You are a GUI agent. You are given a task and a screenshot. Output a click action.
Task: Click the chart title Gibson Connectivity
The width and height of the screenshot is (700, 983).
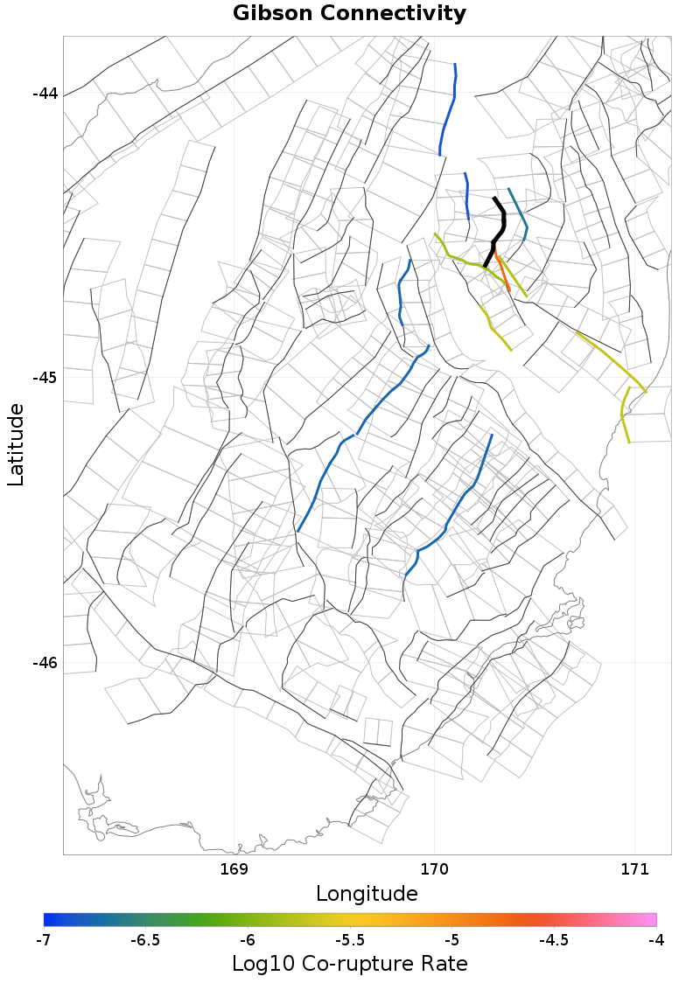(x=349, y=14)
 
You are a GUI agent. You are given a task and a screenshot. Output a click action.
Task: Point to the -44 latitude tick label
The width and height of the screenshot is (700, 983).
(x=45, y=94)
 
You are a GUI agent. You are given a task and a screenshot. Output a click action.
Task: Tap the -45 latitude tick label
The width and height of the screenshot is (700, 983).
(x=45, y=378)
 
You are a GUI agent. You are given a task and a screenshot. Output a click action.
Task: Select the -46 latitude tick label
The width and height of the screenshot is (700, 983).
(x=45, y=662)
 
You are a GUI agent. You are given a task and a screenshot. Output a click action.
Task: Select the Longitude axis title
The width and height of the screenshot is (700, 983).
(x=367, y=894)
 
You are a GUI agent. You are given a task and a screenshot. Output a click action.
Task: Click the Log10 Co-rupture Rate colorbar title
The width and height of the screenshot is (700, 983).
(x=349, y=964)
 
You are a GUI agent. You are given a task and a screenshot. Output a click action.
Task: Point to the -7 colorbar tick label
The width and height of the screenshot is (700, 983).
(x=44, y=940)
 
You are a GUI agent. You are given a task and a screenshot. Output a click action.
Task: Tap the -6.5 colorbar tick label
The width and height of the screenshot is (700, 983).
(x=145, y=940)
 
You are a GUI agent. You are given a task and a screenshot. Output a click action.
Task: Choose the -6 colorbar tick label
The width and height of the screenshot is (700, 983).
(x=248, y=940)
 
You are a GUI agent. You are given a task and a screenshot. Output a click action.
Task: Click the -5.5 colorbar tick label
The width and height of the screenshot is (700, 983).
(x=350, y=940)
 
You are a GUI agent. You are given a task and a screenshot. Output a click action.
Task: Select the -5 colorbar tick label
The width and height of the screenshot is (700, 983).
(x=451, y=940)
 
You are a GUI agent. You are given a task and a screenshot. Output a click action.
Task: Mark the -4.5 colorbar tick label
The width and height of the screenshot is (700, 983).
(x=554, y=940)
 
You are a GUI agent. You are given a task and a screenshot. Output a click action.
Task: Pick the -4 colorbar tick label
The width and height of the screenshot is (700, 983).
(x=656, y=940)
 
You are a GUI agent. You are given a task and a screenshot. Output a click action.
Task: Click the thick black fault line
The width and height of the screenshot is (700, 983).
(x=497, y=229)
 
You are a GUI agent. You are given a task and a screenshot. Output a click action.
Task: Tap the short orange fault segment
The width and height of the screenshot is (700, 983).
(x=501, y=271)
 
